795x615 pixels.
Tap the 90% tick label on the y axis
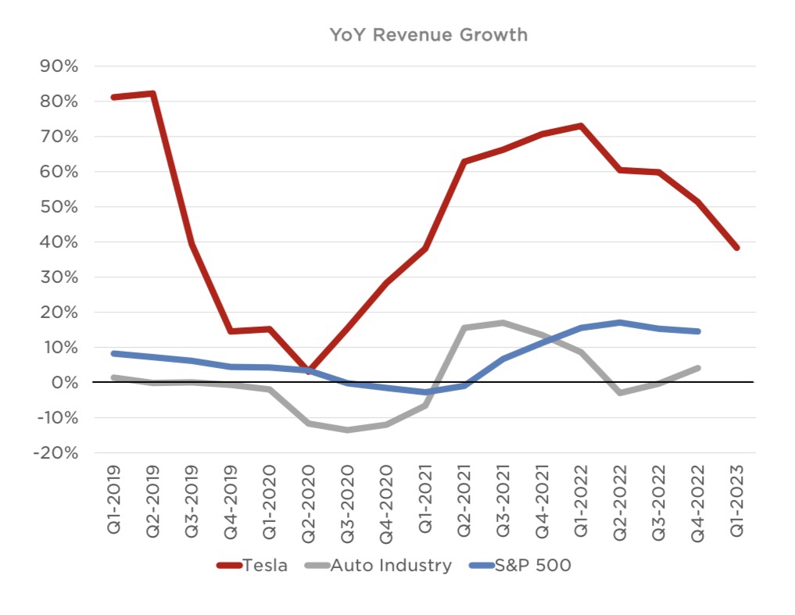click(x=57, y=66)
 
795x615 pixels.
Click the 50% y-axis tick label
click(x=57, y=207)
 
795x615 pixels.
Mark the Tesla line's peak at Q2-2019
click(x=153, y=94)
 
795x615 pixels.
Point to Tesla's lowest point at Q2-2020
click(x=309, y=371)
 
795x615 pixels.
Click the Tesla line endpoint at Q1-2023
click(x=736, y=248)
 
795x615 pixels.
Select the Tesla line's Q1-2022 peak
click(x=581, y=126)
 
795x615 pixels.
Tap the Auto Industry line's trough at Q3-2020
click(x=348, y=430)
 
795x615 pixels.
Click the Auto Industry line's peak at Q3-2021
click(x=503, y=323)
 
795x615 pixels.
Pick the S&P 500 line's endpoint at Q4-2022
click(x=697, y=331)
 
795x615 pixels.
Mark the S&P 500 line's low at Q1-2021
click(x=425, y=392)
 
